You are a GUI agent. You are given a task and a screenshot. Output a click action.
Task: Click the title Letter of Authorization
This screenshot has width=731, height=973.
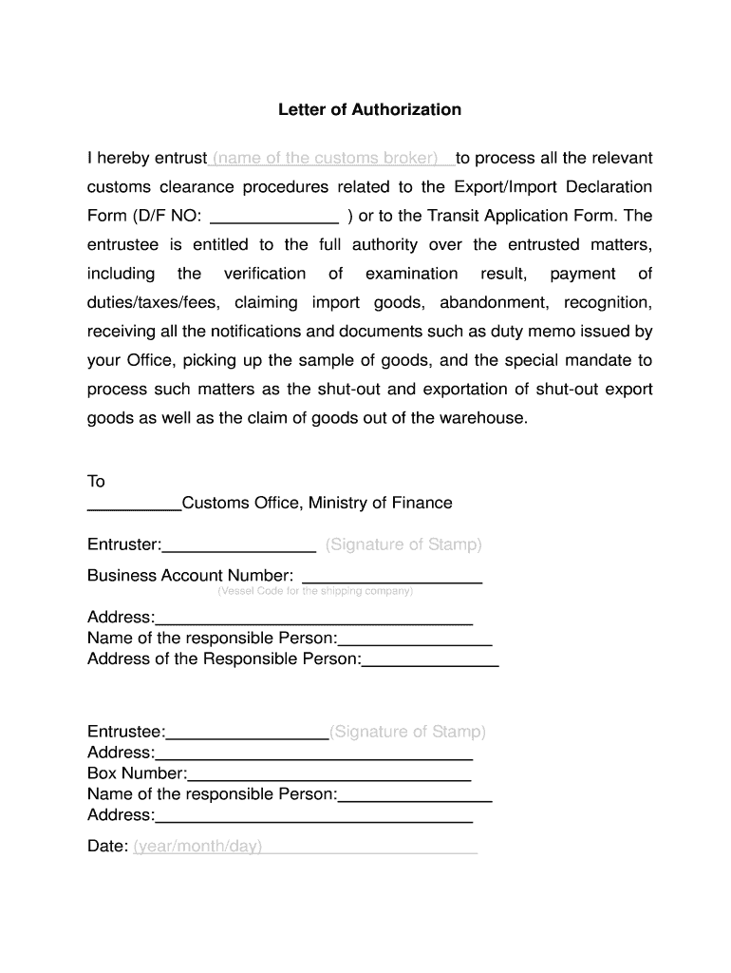pyautogui.click(x=369, y=109)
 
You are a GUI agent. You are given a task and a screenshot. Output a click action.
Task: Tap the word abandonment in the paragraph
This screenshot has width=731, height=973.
pyautogui.click(x=494, y=303)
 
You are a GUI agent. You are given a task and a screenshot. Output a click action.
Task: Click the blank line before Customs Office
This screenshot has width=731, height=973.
pyautogui.click(x=133, y=505)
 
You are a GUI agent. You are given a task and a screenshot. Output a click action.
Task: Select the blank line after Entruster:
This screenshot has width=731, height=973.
pyautogui.click(x=239, y=546)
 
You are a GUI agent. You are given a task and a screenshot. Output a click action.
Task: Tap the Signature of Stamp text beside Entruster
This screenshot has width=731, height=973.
pyautogui.click(x=403, y=545)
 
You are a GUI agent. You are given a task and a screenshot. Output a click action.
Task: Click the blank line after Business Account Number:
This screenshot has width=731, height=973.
pyautogui.click(x=391, y=577)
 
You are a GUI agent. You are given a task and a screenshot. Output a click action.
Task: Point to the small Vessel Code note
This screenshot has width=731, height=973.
pyautogui.click(x=315, y=591)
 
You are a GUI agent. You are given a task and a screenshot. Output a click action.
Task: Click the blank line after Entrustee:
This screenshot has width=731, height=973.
pyautogui.click(x=247, y=734)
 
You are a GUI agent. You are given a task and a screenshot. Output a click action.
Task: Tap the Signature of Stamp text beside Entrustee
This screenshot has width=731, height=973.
pyautogui.click(x=407, y=732)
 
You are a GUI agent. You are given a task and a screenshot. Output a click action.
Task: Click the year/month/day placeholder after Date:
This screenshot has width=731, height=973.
pyautogui.click(x=198, y=847)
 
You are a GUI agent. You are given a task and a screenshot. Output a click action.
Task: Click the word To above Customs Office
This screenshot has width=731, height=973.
pyautogui.click(x=96, y=482)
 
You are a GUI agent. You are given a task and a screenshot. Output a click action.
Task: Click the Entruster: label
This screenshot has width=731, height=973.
pyautogui.click(x=124, y=545)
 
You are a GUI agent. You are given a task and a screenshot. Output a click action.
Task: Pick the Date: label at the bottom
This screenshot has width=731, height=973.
pyautogui.click(x=107, y=847)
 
